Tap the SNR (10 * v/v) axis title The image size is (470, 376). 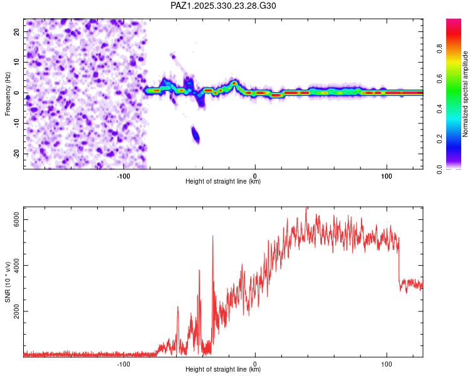coord(8,282)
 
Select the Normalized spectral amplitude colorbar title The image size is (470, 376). coord(466,94)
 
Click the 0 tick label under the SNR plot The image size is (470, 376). coord(255,363)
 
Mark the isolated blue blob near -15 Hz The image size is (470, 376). coord(196,134)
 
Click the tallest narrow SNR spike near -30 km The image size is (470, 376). coord(213,236)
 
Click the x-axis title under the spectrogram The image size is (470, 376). coord(222,182)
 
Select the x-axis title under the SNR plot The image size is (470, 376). coord(222,370)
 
